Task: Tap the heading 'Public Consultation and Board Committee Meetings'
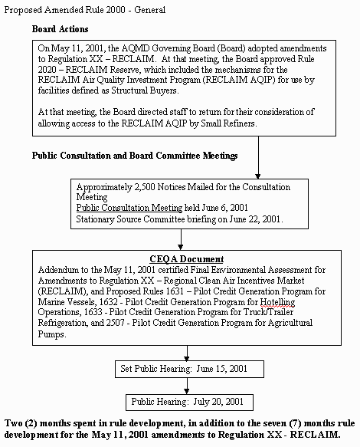pyautogui.click(x=134, y=156)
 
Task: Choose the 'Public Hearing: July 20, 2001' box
pyautogui.click(x=185, y=400)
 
